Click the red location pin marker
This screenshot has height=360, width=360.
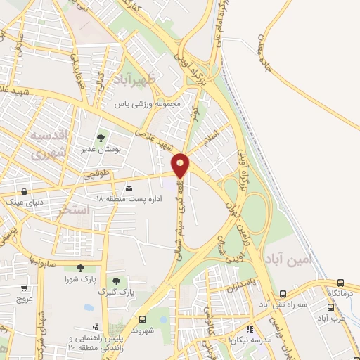pyautogui.click(x=181, y=165)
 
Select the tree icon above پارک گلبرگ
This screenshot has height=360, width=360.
pyautogui.click(x=117, y=281)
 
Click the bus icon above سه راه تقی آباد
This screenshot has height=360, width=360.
pyautogui.click(x=283, y=294)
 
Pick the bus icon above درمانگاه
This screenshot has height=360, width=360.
pyautogui.click(x=340, y=282)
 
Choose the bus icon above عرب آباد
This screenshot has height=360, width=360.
pyautogui.click(x=330, y=307)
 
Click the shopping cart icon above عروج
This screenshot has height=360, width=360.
pyautogui.click(x=25, y=288)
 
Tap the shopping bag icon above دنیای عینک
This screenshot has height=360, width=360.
pyautogui.click(x=25, y=191)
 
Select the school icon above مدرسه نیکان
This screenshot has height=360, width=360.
pyautogui.click(x=248, y=328)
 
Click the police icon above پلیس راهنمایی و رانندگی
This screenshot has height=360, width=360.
pyautogui.click(x=95, y=328)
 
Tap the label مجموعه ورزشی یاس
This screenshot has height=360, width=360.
pyautogui.click(x=148, y=104)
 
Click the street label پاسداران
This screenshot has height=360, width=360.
pyautogui.click(x=243, y=288)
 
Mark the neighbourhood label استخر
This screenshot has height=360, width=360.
pyautogui.click(x=75, y=210)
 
